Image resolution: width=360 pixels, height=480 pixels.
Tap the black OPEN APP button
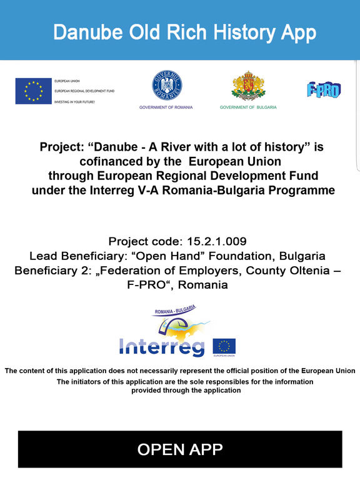[x=180, y=449]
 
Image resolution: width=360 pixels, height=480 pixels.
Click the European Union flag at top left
[x=33, y=91]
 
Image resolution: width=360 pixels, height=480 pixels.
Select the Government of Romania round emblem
[x=166, y=86]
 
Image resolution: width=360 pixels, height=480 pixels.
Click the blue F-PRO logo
[x=323, y=90]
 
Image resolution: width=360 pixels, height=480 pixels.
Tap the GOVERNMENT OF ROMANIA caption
[x=166, y=107]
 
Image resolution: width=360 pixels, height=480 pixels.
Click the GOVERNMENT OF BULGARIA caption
[x=247, y=107]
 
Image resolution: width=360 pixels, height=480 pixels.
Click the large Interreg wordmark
[x=162, y=346]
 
